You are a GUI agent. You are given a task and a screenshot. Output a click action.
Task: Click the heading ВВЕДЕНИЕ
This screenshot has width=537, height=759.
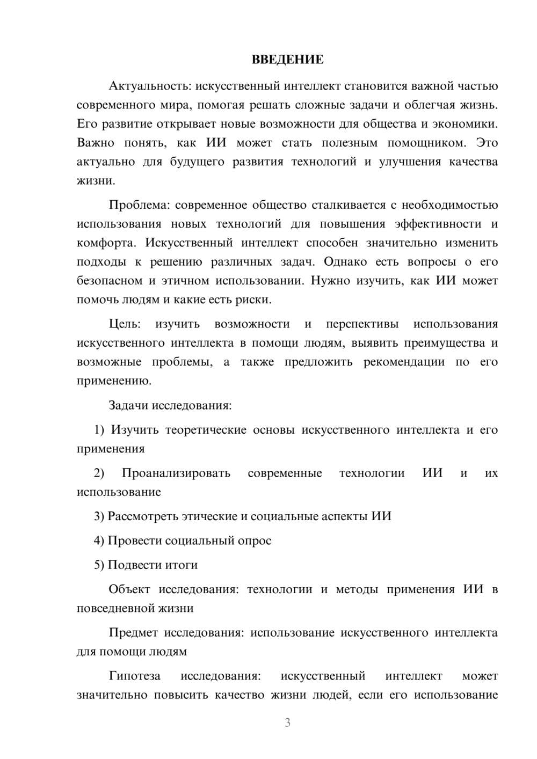pos(287,60)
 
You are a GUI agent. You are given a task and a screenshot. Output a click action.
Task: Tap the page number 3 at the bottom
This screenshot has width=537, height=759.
pos(287,722)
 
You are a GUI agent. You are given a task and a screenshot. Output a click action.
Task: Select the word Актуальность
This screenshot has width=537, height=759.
pos(149,86)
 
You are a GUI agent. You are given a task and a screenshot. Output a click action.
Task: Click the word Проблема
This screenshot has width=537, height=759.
pos(140,205)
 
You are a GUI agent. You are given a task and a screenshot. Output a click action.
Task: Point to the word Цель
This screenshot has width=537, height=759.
pos(125,324)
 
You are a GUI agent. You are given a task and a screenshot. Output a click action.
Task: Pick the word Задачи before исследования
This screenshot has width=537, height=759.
pos(128,405)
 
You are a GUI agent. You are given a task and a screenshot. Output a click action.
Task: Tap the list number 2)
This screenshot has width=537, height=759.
pos(99,473)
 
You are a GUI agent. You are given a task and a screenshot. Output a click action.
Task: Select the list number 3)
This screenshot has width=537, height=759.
pos(99,516)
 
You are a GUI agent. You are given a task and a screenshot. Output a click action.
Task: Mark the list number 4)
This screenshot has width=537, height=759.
pos(99,541)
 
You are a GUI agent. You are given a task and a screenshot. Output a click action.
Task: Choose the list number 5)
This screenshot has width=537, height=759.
pos(99,565)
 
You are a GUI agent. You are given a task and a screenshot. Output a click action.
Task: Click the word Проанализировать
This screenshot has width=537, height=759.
pos(176,473)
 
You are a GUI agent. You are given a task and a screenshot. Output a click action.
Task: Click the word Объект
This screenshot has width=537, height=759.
pos(129,589)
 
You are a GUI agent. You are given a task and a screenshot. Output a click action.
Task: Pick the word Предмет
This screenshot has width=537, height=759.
pos(133,633)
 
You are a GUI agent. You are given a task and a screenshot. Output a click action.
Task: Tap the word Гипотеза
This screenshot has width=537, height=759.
pos(134,676)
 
